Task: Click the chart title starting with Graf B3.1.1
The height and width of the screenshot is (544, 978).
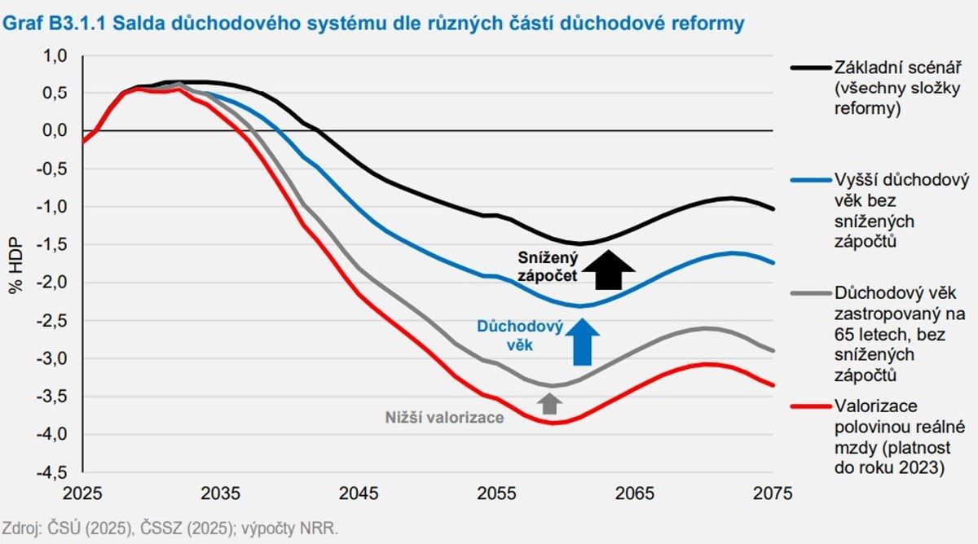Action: pyautogui.click(x=374, y=24)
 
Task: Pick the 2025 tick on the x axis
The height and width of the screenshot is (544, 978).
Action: pyautogui.click(x=82, y=494)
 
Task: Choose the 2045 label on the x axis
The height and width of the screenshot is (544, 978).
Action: pyautogui.click(x=359, y=494)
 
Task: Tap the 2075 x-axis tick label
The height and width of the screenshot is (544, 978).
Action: pyautogui.click(x=773, y=494)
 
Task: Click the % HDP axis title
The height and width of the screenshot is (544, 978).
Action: pyautogui.click(x=17, y=265)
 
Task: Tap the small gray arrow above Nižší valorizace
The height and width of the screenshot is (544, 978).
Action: pyautogui.click(x=550, y=402)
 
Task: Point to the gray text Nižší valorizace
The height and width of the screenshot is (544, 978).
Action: pyautogui.click(x=444, y=418)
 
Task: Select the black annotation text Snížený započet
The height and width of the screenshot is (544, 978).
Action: pyautogui.click(x=548, y=266)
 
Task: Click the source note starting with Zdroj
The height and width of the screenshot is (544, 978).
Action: pyautogui.click(x=170, y=528)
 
